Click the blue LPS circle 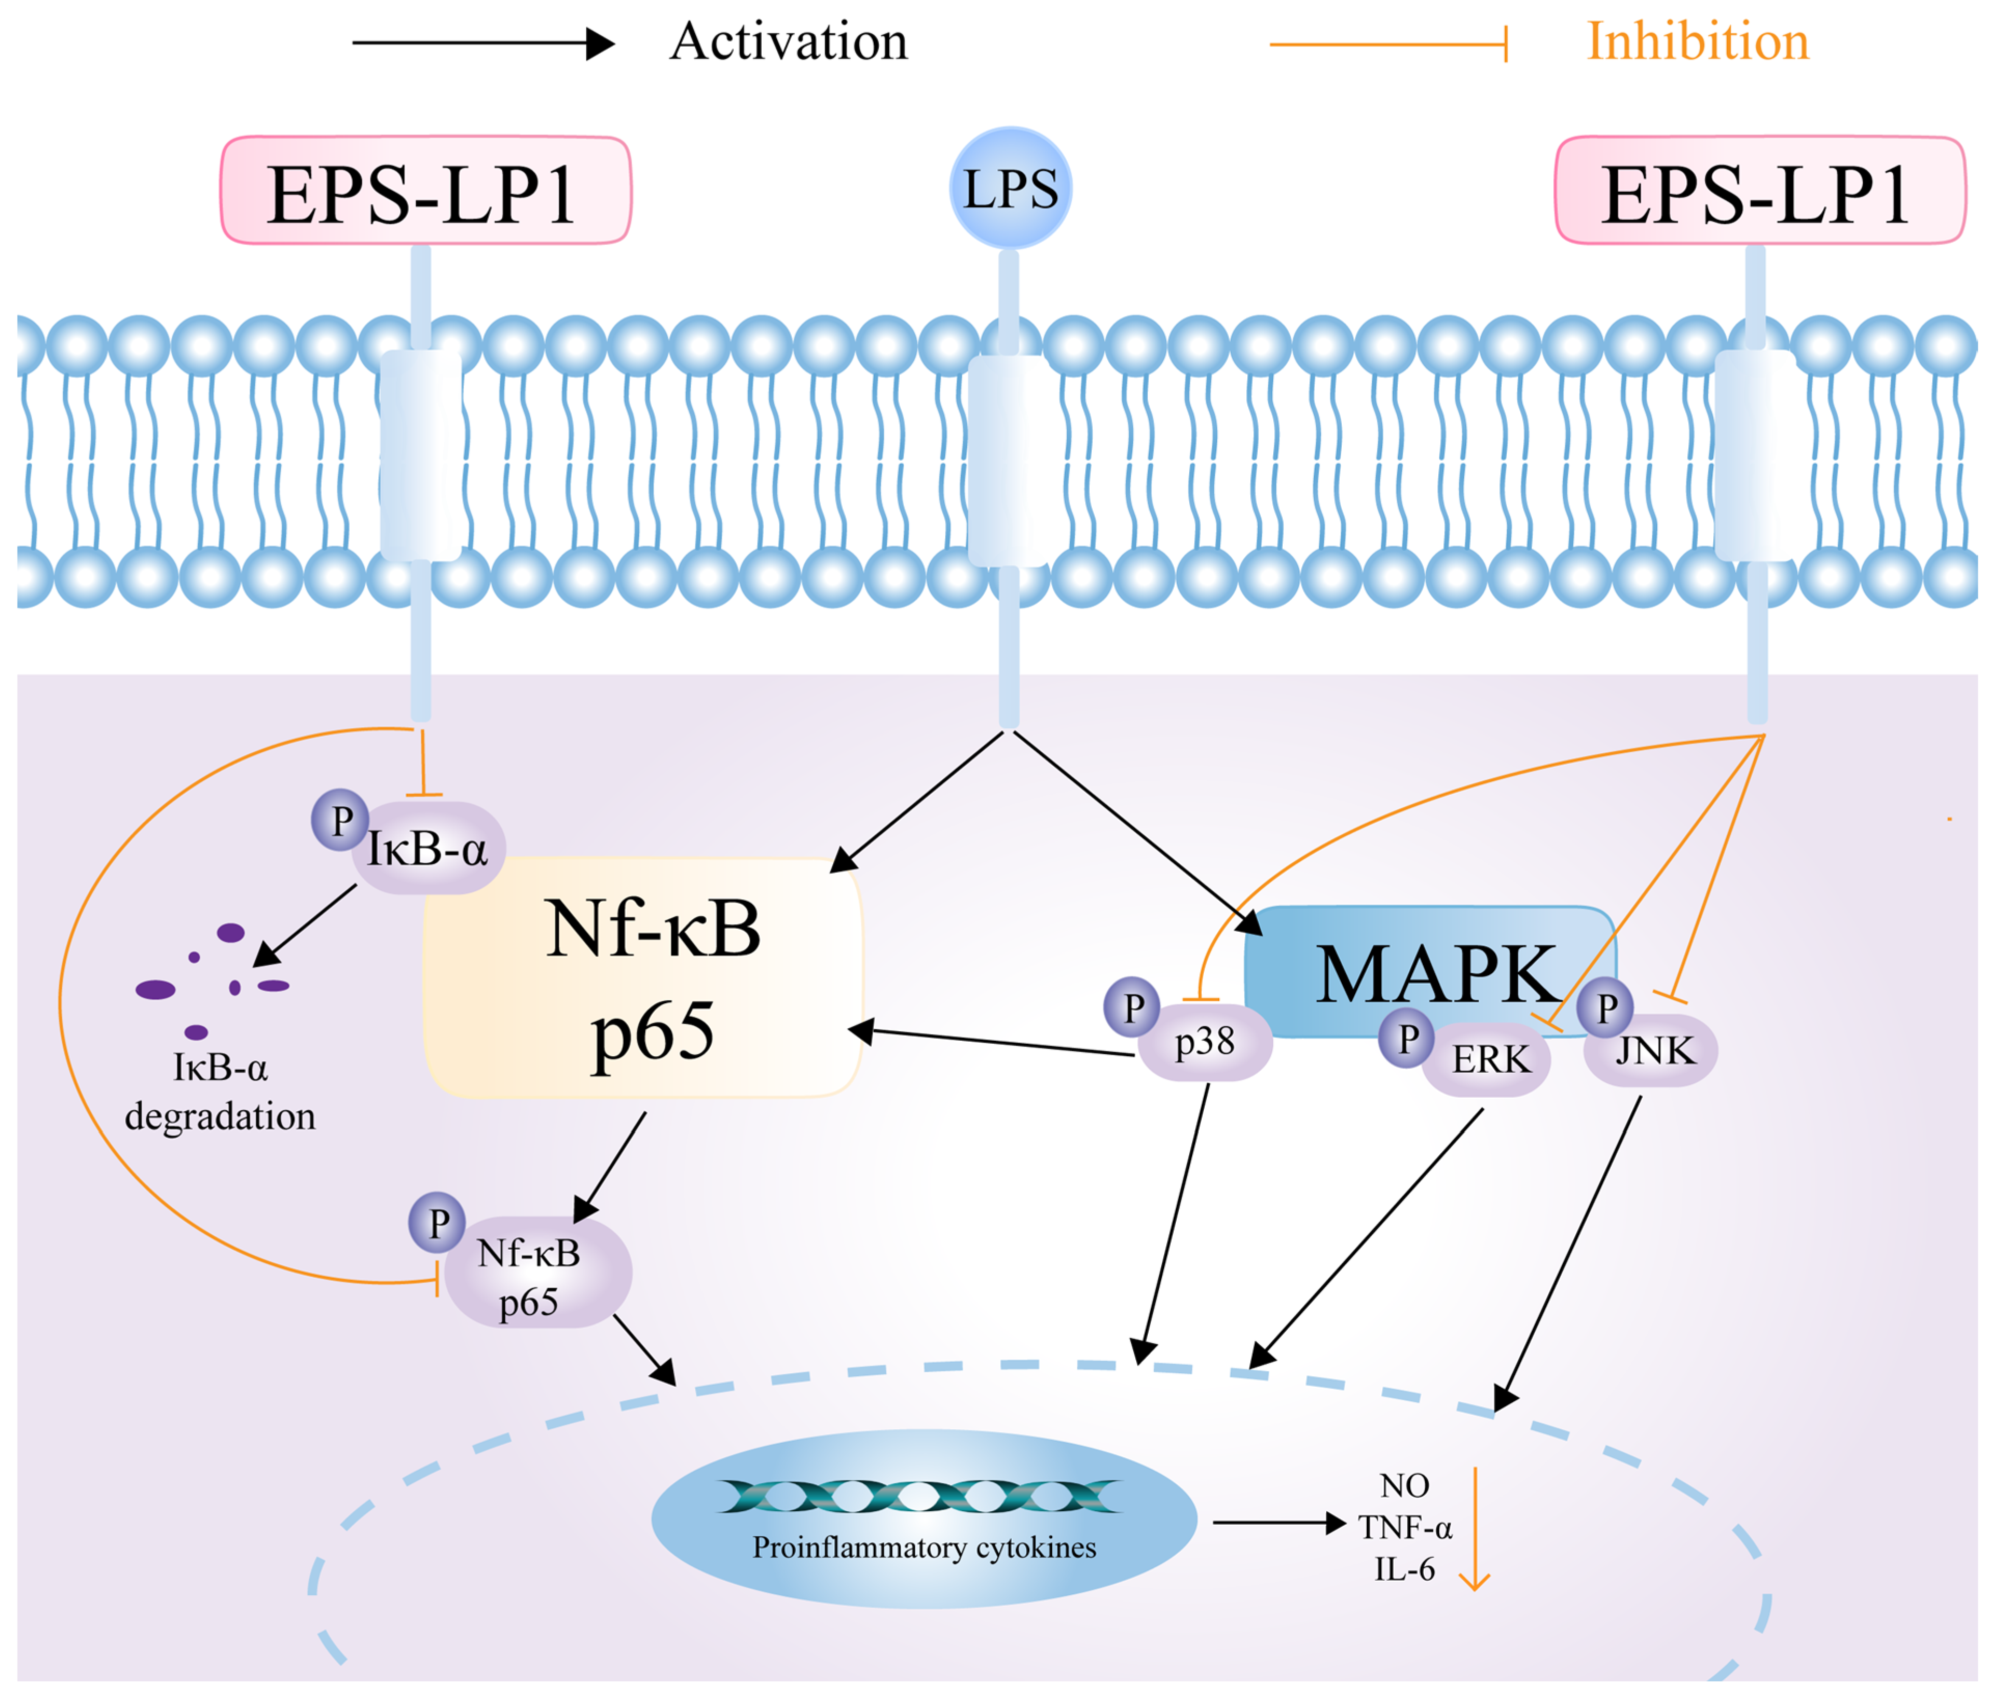pyautogui.click(x=1010, y=188)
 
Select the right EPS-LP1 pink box pyautogui.click(x=1759, y=190)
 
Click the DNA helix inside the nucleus pyautogui.click(x=919, y=1497)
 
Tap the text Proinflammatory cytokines pyautogui.click(x=924, y=1548)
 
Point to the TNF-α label pyautogui.click(x=1405, y=1528)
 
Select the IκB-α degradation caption pyautogui.click(x=221, y=1092)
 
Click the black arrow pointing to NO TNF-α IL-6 pyautogui.click(x=1278, y=1523)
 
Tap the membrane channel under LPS pyautogui.click(x=1008, y=460)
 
